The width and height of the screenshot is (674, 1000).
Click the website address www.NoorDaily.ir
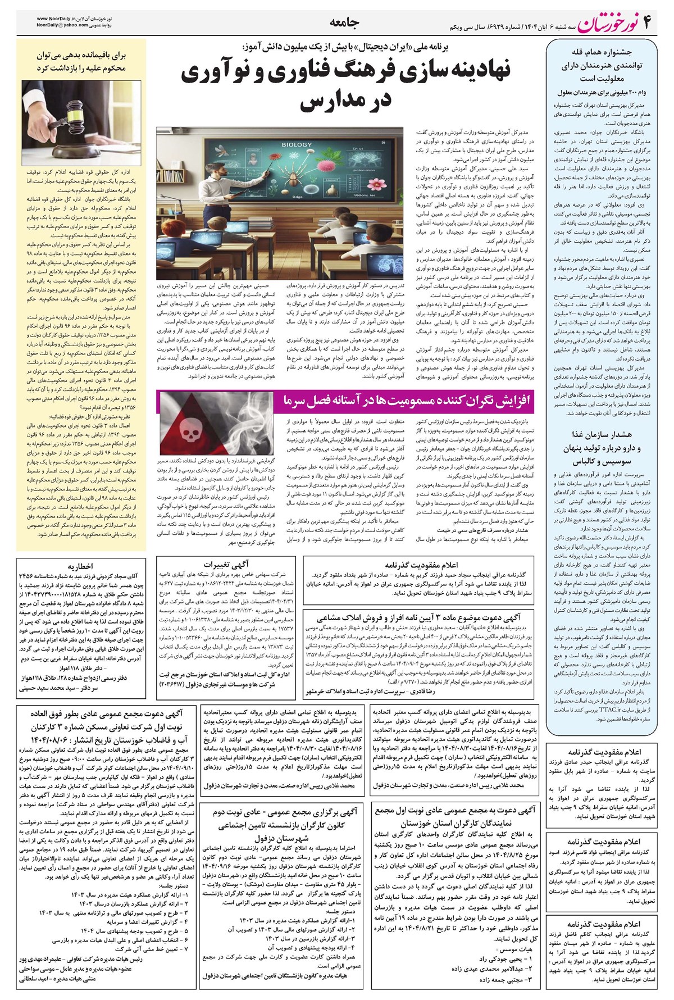(x=61, y=19)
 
